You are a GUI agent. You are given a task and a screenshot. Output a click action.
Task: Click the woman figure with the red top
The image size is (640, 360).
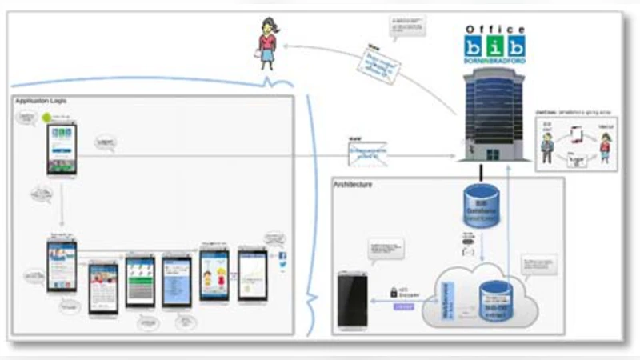coord(266,45)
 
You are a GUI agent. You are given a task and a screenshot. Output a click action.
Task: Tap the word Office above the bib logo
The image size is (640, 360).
coord(496,29)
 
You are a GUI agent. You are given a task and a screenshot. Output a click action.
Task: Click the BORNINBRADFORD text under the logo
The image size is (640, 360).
coord(496,61)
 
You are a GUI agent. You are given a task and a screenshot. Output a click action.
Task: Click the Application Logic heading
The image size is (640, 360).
coord(41,101)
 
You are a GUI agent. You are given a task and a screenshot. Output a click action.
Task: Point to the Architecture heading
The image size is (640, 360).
coord(353,185)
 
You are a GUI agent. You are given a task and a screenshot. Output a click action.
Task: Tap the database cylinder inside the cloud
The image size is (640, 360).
coord(494,301)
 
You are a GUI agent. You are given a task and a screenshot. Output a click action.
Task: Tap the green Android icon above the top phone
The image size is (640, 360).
coord(47,117)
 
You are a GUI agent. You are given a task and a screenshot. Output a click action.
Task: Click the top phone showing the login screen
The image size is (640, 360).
coord(62,148)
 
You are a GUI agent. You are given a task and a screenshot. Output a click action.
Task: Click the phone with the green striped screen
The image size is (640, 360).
coord(140,281)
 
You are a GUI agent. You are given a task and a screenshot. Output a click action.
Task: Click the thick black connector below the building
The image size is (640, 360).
coord(482,171)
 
